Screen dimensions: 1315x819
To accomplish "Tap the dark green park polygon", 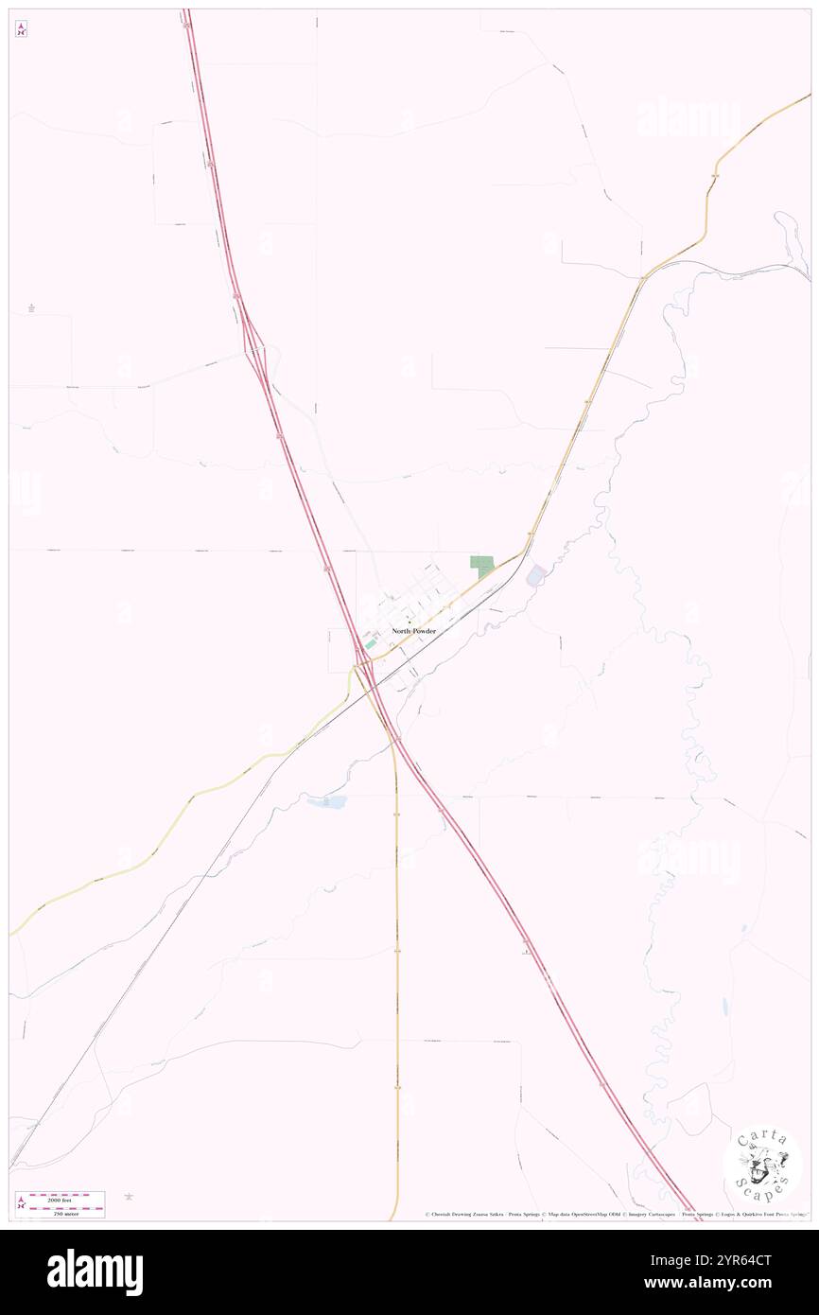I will pyautogui.click(x=483, y=566).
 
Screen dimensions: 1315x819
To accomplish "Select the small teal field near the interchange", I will pyautogui.click(x=370, y=643).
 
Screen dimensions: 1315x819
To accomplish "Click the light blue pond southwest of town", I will pyautogui.click(x=326, y=802).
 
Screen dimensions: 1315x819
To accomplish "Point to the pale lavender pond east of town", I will pyautogui.click(x=535, y=574).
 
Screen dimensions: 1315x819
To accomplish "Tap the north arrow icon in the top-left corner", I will pyautogui.click(x=21, y=29).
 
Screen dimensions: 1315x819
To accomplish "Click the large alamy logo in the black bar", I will pyautogui.click(x=95, y=1271).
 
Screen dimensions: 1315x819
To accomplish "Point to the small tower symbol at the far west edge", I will pyautogui.click(x=31, y=307).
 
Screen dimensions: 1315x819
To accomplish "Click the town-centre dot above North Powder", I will pyautogui.click(x=409, y=622).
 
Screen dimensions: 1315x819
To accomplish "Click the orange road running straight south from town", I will pyautogui.click(x=397, y=946).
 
